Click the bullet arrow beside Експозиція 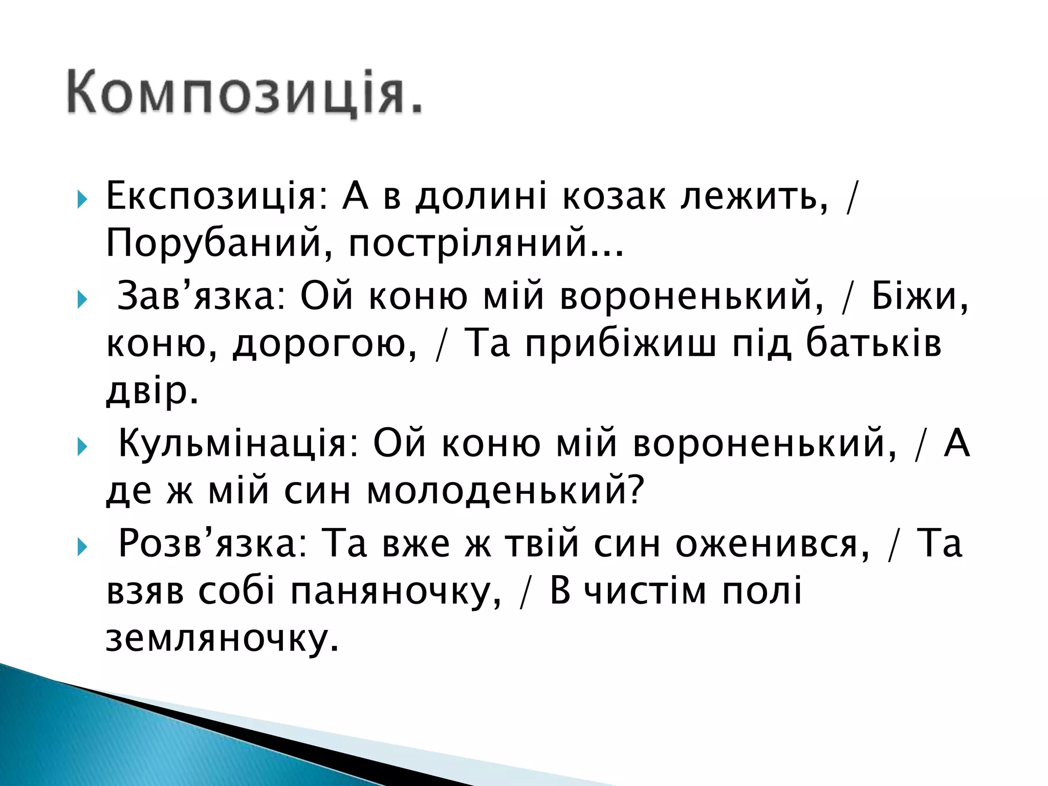click(x=82, y=200)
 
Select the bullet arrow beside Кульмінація click(x=82, y=447)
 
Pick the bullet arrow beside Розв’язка click(x=82, y=547)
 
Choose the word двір click(x=151, y=391)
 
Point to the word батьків click(x=873, y=343)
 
